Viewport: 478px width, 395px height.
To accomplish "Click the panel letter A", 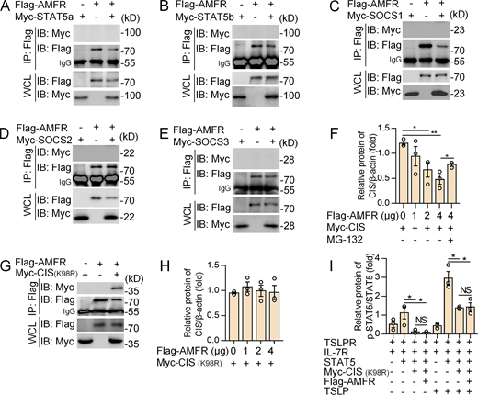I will [7, 7].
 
